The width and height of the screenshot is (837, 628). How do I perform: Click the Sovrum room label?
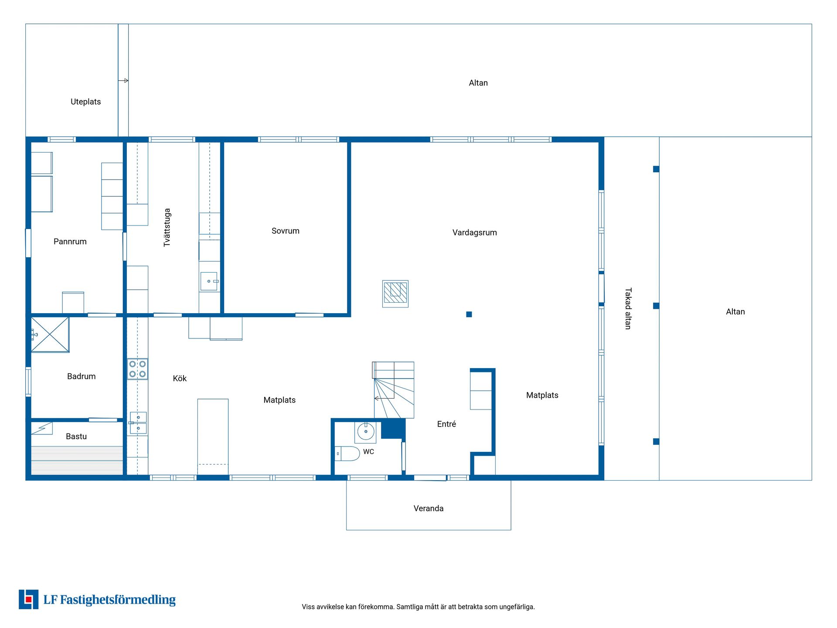(285, 231)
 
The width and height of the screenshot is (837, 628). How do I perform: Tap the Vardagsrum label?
(474, 232)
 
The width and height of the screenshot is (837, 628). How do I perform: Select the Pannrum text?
(70, 241)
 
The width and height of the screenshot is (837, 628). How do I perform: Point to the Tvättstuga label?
(167, 228)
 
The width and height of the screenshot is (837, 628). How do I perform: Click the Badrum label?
(81, 376)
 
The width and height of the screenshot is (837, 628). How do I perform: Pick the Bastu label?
(76, 436)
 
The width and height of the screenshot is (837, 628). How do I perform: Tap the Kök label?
(180, 378)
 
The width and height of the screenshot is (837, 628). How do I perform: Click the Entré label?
(446, 424)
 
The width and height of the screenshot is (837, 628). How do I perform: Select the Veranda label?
(429, 508)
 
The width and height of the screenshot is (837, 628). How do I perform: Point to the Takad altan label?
(628, 308)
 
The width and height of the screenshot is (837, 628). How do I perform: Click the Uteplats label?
(85, 102)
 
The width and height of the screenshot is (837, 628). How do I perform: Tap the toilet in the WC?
(347, 454)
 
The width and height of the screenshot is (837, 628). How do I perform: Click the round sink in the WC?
(365, 432)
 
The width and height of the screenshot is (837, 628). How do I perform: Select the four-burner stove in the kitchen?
(137, 369)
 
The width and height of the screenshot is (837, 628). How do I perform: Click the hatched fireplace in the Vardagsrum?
(395, 294)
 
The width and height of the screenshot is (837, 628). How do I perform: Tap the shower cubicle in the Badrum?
(50, 334)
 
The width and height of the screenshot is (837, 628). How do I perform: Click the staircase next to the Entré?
(393, 390)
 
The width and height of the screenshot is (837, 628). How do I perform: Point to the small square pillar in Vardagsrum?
(469, 314)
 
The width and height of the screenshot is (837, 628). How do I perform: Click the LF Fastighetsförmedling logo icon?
(28, 599)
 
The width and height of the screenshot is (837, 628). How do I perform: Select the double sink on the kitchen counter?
(138, 423)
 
